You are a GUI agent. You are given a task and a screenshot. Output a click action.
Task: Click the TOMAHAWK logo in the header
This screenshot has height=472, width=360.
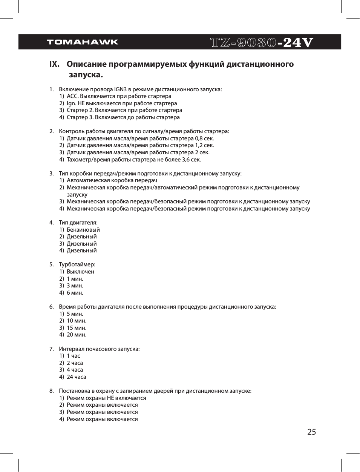click(83, 42)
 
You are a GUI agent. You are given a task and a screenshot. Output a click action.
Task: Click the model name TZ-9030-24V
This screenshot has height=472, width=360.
click(261, 42)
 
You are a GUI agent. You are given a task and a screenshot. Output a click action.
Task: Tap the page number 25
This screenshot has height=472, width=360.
click(311, 432)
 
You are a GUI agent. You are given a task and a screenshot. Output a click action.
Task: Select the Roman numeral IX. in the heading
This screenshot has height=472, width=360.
click(55, 64)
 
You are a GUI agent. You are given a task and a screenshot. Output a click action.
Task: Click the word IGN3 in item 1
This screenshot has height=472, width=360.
click(120, 89)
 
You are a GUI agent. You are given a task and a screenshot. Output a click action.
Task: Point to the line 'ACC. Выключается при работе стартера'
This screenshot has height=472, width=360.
click(119, 96)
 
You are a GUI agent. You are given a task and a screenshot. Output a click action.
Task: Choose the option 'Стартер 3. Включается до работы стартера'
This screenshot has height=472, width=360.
click(123, 117)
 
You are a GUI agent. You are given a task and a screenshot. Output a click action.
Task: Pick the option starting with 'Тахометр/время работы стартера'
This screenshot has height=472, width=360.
click(133, 160)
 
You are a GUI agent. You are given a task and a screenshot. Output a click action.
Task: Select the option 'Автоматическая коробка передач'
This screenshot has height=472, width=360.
click(112, 180)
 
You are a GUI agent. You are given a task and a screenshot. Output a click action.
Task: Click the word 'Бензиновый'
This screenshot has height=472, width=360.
click(83, 230)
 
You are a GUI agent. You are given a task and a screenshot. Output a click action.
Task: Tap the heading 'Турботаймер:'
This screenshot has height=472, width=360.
click(77, 264)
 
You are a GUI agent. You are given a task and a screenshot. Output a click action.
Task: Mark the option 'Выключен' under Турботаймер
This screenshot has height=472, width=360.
click(80, 272)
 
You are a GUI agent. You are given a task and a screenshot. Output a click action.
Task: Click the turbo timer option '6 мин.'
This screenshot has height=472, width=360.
click(75, 293)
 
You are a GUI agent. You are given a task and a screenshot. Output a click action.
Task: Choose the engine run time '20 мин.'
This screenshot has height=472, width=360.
click(76, 335)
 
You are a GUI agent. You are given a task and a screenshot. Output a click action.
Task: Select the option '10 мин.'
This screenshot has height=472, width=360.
click(76, 321)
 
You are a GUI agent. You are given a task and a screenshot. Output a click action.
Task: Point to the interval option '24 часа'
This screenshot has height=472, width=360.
click(76, 377)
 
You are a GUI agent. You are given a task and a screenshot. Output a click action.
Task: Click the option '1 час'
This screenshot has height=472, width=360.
click(73, 356)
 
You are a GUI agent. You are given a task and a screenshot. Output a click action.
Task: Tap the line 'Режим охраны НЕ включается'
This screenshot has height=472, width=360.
click(106, 398)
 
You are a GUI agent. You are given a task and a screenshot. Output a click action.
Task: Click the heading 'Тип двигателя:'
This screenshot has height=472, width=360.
click(78, 223)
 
